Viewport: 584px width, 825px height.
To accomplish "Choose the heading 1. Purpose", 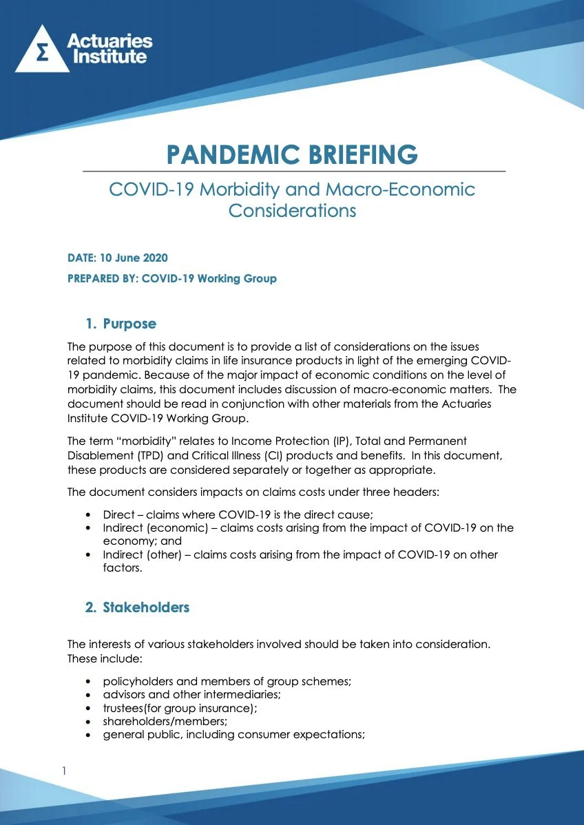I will click(x=121, y=324).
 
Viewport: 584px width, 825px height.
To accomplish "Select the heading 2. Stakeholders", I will click(x=138, y=607).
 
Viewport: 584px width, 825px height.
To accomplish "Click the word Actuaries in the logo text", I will click(x=109, y=41).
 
